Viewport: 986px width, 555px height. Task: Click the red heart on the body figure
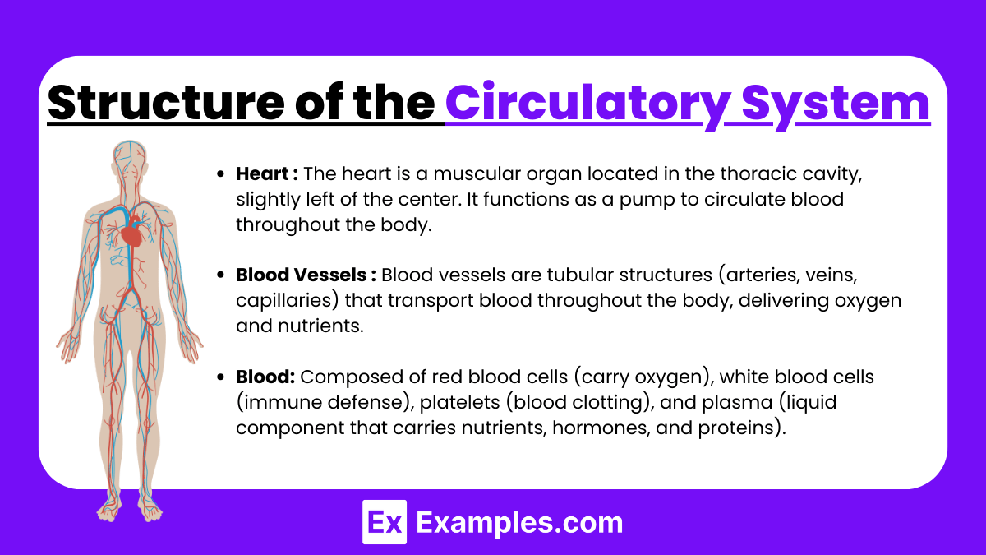pos(131,236)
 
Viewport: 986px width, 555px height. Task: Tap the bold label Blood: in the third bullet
pos(265,377)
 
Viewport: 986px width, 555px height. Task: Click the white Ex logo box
pos(385,523)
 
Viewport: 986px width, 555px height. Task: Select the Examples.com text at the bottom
pos(519,523)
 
